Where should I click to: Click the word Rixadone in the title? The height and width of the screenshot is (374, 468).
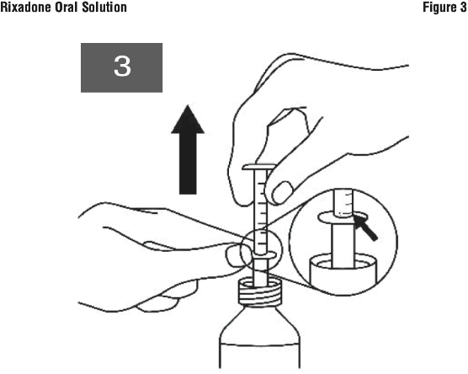tap(25, 8)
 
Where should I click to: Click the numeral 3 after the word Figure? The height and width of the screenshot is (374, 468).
tap(463, 8)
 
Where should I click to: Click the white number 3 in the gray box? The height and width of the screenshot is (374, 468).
tap(122, 66)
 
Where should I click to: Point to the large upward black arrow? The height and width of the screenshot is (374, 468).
tap(188, 149)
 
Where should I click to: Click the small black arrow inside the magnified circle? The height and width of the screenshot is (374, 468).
tap(365, 227)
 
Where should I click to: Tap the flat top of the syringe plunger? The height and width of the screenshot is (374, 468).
tap(259, 167)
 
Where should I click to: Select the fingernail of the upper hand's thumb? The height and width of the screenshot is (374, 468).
tap(283, 192)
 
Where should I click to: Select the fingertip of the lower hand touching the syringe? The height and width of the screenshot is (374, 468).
tap(234, 255)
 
